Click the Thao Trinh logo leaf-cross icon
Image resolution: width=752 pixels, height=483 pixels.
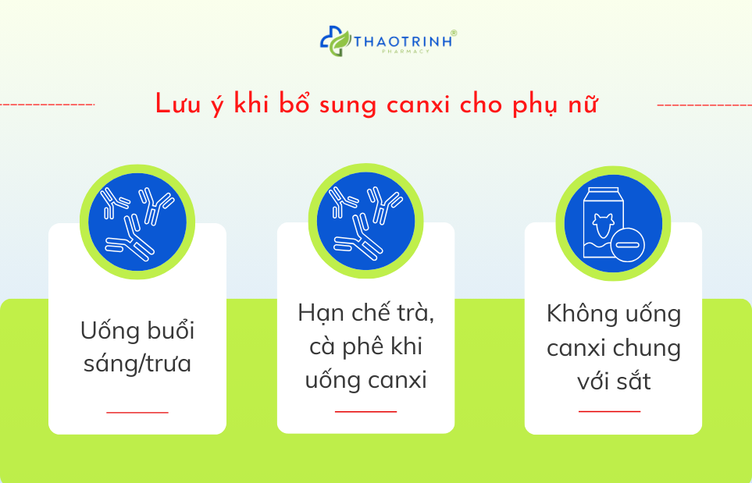[x=333, y=41]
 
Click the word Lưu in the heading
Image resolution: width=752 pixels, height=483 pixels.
[x=173, y=105]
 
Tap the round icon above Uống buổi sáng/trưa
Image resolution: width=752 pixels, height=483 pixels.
[x=137, y=222]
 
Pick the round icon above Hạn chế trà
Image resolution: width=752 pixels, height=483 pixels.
[x=365, y=222]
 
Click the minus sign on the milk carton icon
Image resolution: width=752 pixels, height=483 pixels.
[x=627, y=246]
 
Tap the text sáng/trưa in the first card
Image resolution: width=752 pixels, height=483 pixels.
[x=137, y=364]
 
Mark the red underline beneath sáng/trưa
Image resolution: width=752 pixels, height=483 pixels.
[x=137, y=412]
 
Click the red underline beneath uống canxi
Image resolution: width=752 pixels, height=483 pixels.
[x=365, y=411]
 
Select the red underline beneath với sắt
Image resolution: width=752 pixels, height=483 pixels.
[x=609, y=410]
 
